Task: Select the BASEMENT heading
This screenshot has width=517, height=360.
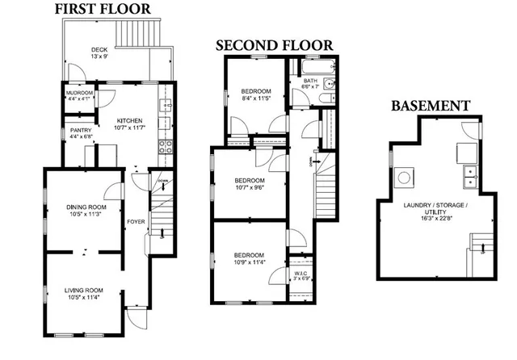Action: (x=431, y=106)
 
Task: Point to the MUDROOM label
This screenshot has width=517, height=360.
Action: (x=80, y=94)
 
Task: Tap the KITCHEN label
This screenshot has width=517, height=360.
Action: (x=129, y=120)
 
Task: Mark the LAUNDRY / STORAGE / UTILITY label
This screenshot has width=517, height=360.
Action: (x=436, y=210)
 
